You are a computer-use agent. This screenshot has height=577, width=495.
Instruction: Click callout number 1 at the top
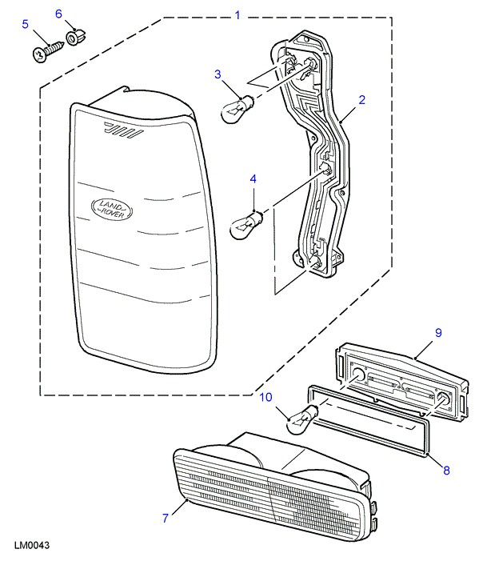point(237,14)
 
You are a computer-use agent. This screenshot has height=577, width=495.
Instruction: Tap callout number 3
point(217,74)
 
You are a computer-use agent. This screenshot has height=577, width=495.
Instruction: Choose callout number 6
point(58,14)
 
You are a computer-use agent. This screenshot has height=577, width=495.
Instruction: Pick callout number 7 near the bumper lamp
point(165,518)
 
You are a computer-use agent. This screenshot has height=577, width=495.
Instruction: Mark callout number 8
point(446,471)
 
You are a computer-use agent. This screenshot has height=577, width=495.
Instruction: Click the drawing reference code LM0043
point(32,547)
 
